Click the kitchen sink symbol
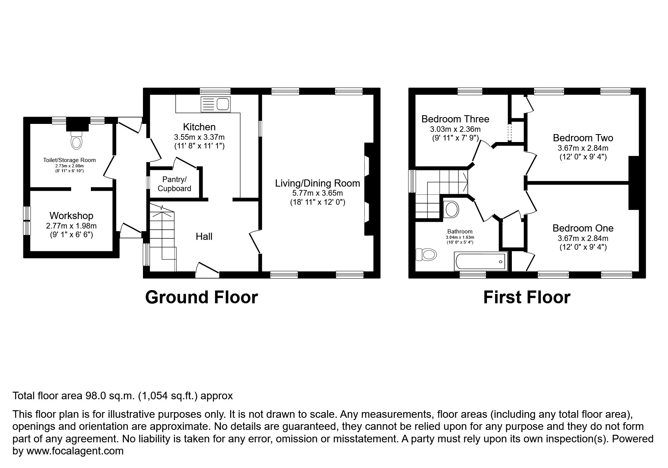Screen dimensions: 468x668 (x=216, y=104)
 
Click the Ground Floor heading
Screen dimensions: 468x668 (x=201, y=297)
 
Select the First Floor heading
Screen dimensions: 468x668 (x=527, y=297)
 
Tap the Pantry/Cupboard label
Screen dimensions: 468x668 (x=174, y=184)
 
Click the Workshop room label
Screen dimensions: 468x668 (x=71, y=216)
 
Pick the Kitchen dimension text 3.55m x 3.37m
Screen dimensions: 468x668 (x=199, y=137)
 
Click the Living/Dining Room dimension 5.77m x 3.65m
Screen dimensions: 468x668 (x=318, y=193)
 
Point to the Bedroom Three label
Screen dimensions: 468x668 (x=455, y=119)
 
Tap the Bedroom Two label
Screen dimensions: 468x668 (x=583, y=138)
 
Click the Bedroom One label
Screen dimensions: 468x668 (x=583, y=228)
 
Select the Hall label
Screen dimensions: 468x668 (x=204, y=236)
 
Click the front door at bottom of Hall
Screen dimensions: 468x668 (x=207, y=270)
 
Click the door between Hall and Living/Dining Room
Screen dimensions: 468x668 (x=255, y=242)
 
